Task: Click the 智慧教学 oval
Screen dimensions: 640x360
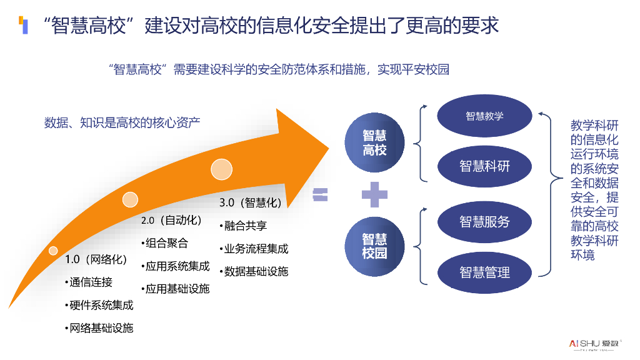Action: pos(484,116)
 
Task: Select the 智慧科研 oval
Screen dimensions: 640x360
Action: pos(484,166)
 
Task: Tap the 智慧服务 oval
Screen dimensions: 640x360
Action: pos(484,221)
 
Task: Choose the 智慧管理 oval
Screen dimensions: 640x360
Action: pos(484,272)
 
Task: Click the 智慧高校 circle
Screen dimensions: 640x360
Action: pos(375,142)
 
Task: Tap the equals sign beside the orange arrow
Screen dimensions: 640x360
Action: pos(320,194)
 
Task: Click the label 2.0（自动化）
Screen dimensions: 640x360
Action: pos(171,221)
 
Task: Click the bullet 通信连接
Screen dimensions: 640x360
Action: pos(89,282)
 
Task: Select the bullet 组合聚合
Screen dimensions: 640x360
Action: pos(164,244)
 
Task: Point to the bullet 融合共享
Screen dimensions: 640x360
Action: pos(244,226)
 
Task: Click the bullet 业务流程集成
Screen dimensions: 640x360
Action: pos(255,249)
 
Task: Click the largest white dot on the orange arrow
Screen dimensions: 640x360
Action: pos(221,169)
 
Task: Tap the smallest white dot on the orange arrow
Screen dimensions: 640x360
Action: pos(53,251)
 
